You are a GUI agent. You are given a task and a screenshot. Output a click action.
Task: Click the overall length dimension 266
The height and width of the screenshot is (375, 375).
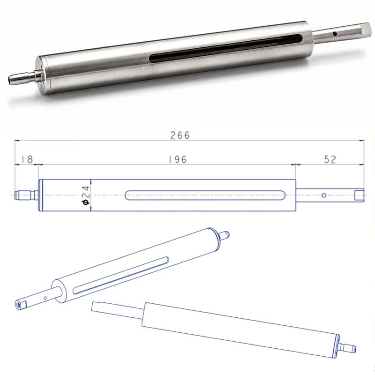tap(180, 135)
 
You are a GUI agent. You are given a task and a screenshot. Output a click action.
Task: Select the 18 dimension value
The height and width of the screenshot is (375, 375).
tap(27, 159)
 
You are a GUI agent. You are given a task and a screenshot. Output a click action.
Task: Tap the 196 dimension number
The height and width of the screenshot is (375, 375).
tap(178, 159)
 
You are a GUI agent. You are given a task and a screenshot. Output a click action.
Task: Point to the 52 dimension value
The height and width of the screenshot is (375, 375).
tap(330, 159)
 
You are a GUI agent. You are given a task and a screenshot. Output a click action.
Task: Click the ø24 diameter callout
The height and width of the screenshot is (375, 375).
tap(86, 195)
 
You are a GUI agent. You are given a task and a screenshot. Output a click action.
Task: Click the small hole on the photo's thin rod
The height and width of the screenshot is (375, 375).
tap(335, 34)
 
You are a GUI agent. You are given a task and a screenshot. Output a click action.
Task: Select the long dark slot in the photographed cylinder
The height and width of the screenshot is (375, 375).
tap(225, 48)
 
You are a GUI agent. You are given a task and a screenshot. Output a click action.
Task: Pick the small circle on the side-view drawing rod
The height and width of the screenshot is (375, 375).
tap(324, 195)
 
